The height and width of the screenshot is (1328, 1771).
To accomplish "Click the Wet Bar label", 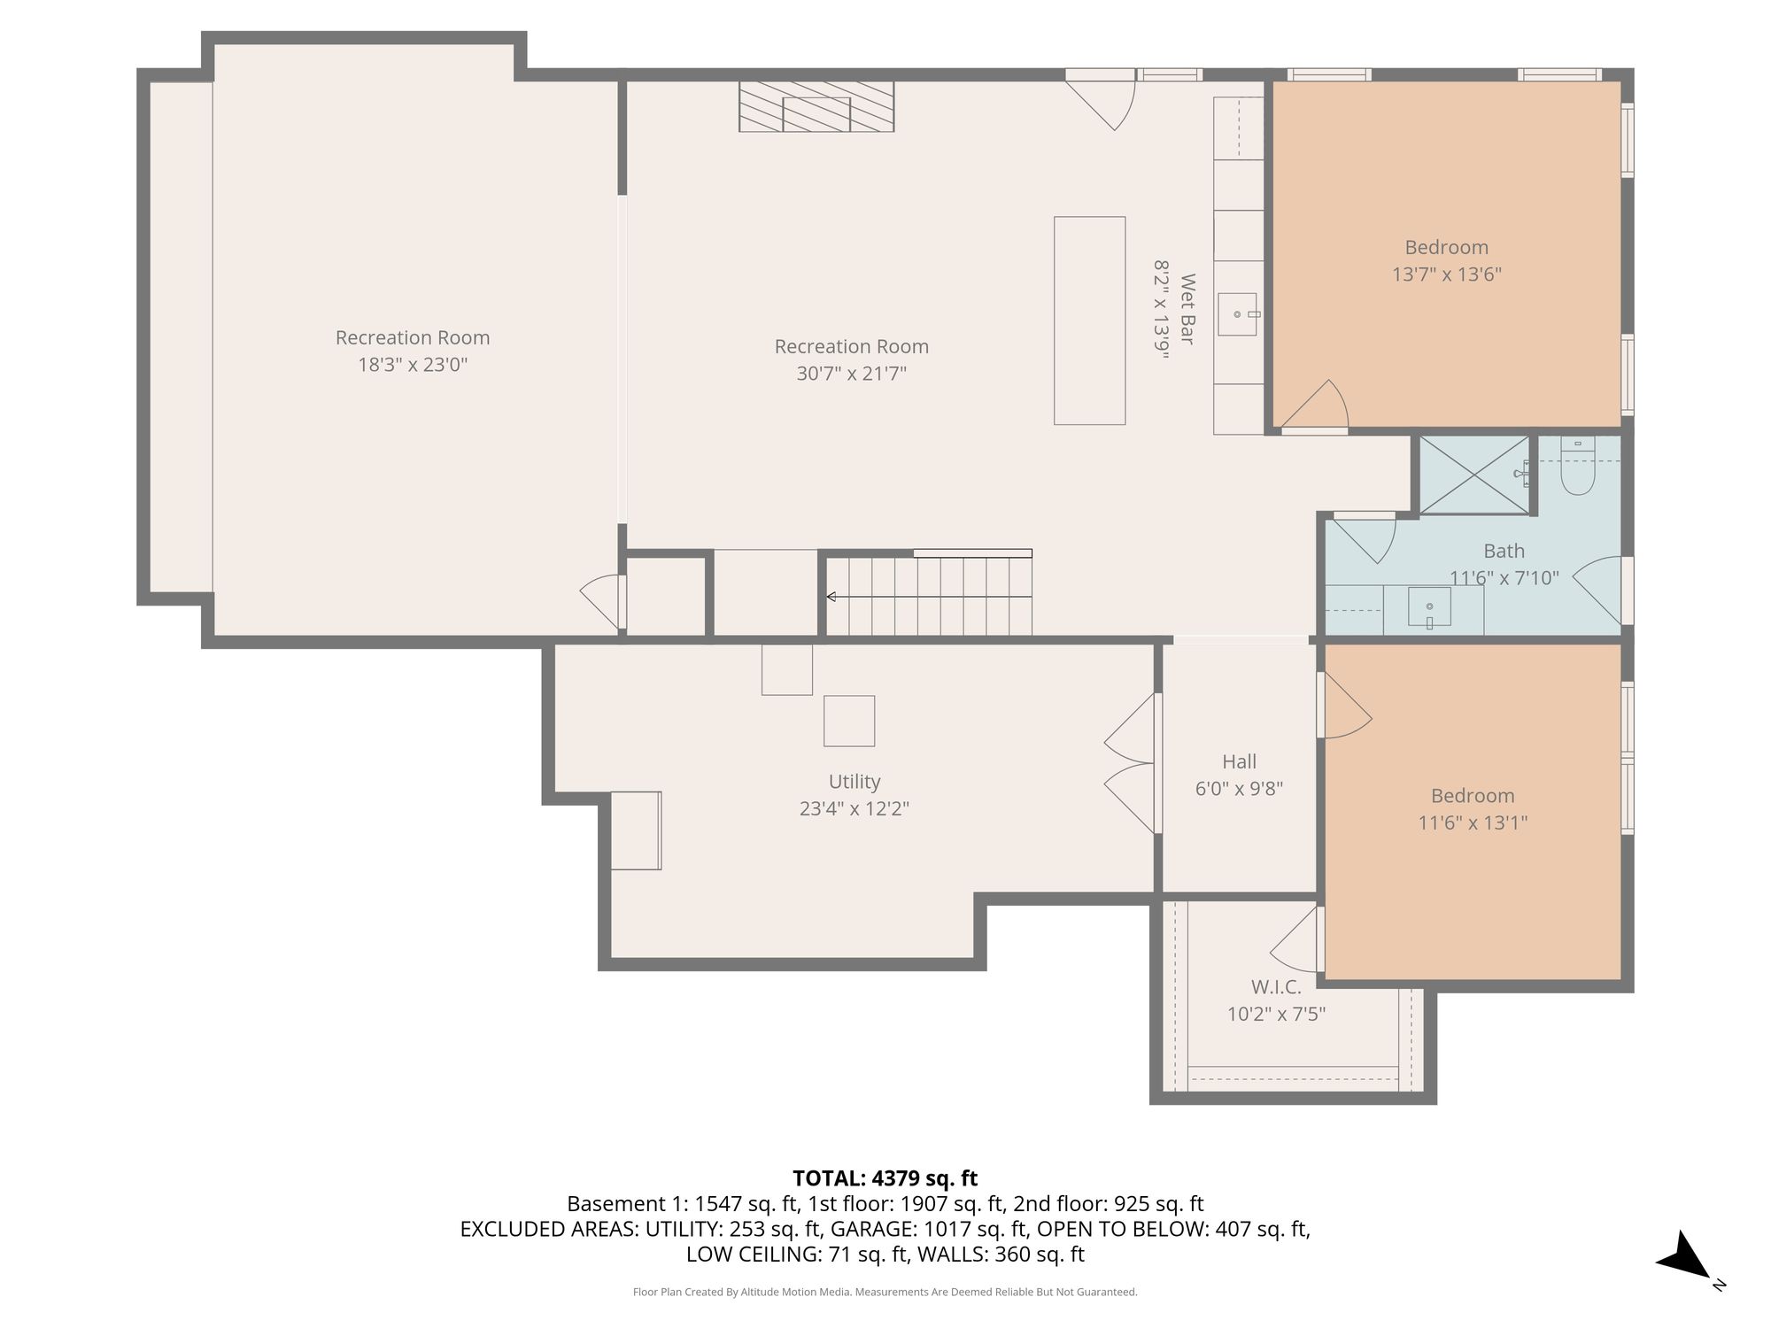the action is click(1187, 309).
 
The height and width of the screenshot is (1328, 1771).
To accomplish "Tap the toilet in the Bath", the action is click(1577, 466).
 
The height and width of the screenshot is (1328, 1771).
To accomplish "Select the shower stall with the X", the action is click(1474, 475).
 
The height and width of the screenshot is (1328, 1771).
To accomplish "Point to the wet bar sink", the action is click(1237, 314).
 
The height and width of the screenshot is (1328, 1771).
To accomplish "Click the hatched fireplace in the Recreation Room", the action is click(816, 107).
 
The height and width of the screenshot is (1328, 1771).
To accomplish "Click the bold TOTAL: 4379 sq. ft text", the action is click(885, 1178).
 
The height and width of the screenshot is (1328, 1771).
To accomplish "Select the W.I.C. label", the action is click(1276, 987).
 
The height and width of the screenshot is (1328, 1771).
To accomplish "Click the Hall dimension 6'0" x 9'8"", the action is click(1239, 788).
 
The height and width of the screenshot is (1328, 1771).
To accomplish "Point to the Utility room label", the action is click(855, 782).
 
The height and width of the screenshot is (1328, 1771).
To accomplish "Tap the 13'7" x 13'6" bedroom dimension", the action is click(1447, 274).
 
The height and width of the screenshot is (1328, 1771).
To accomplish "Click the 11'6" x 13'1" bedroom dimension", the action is click(1473, 822).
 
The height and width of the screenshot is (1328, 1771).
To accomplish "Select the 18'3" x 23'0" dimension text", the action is click(413, 365).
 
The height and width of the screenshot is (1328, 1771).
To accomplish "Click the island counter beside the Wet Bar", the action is click(1089, 320).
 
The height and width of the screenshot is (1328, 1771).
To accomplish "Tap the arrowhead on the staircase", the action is click(831, 597).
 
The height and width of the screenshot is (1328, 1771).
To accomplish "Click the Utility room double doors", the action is click(1130, 763).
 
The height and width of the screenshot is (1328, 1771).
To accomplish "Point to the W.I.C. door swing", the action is click(1294, 940).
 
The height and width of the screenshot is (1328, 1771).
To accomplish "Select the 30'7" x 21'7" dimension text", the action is click(852, 374).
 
